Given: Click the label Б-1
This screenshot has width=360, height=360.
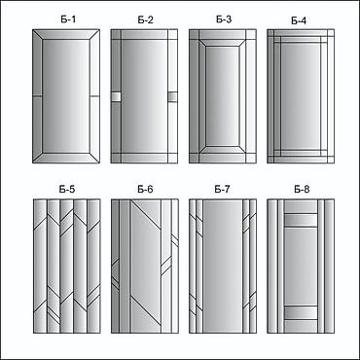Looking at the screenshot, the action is (x=68, y=19).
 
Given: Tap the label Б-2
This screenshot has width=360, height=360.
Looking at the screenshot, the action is (x=145, y=19).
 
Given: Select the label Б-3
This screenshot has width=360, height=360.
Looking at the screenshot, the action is (x=224, y=19).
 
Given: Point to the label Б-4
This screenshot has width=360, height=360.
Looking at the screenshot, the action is (x=299, y=20).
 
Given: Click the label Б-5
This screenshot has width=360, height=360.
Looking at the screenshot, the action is (x=67, y=189).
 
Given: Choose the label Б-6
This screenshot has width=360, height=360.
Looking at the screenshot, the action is (x=145, y=189).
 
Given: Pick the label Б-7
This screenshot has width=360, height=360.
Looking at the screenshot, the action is (x=222, y=189).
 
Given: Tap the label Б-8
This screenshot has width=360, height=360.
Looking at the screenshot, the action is (x=302, y=189).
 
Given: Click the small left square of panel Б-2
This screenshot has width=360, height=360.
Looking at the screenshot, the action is (x=116, y=97).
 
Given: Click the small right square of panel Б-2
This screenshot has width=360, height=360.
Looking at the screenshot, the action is (x=173, y=97).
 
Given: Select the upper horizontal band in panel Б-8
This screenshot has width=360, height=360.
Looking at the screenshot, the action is (x=301, y=220).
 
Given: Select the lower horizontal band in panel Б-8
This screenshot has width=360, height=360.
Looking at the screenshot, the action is (x=301, y=312).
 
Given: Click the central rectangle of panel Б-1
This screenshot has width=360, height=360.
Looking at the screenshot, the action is (x=66, y=96).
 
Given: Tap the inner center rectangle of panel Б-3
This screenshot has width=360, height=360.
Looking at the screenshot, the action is (x=223, y=96).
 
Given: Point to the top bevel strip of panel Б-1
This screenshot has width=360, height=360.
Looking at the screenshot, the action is (x=66, y=35).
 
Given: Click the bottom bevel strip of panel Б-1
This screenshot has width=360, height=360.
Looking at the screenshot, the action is (x=66, y=158).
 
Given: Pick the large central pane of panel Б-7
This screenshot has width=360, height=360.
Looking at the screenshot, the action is (x=223, y=266).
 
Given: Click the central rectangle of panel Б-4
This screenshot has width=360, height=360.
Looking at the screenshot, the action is (x=301, y=96).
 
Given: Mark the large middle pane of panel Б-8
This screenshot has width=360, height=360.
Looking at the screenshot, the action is (x=301, y=267).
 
